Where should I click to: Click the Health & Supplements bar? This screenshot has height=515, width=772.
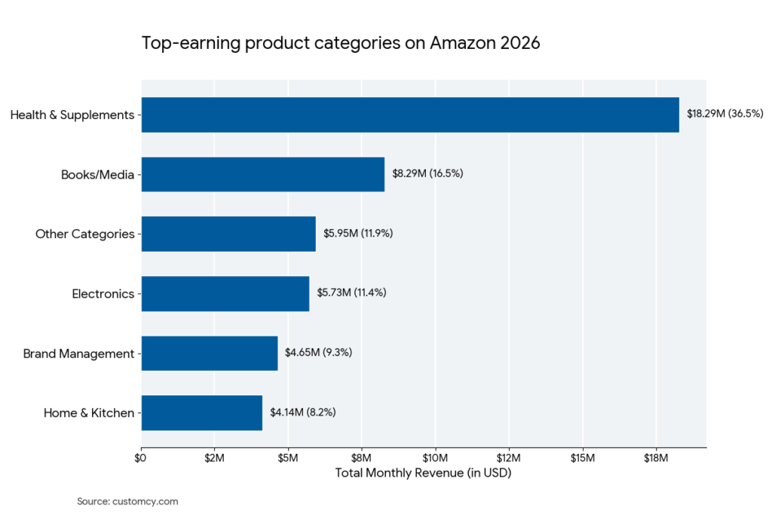coord(410,115)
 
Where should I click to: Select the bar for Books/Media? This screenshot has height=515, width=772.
coord(263,174)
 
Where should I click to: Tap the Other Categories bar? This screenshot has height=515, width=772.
coord(228,234)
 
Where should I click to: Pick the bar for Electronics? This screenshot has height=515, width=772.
coord(225,293)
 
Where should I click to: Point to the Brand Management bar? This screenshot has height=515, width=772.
coord(210,353)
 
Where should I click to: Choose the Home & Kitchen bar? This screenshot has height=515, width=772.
coord(202,412)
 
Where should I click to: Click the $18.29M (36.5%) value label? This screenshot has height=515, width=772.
coord(725,114)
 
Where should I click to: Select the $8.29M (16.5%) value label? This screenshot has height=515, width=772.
coord(427,173)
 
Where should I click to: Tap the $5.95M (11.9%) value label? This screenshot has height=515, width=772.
coord(358,233)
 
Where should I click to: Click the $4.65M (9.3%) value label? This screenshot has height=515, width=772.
coord(318,352)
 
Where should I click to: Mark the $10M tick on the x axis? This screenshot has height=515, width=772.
coord(435,458)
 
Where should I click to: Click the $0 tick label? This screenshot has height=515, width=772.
coord(141,458)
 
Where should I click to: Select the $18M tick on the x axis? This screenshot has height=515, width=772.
coord(656,458)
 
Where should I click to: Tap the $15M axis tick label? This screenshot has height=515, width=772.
coord(582,458)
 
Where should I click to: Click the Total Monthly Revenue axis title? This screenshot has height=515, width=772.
coord(423,474)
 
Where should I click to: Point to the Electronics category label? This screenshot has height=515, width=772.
coord(103,294)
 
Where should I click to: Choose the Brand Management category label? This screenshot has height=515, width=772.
coord(78,354)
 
